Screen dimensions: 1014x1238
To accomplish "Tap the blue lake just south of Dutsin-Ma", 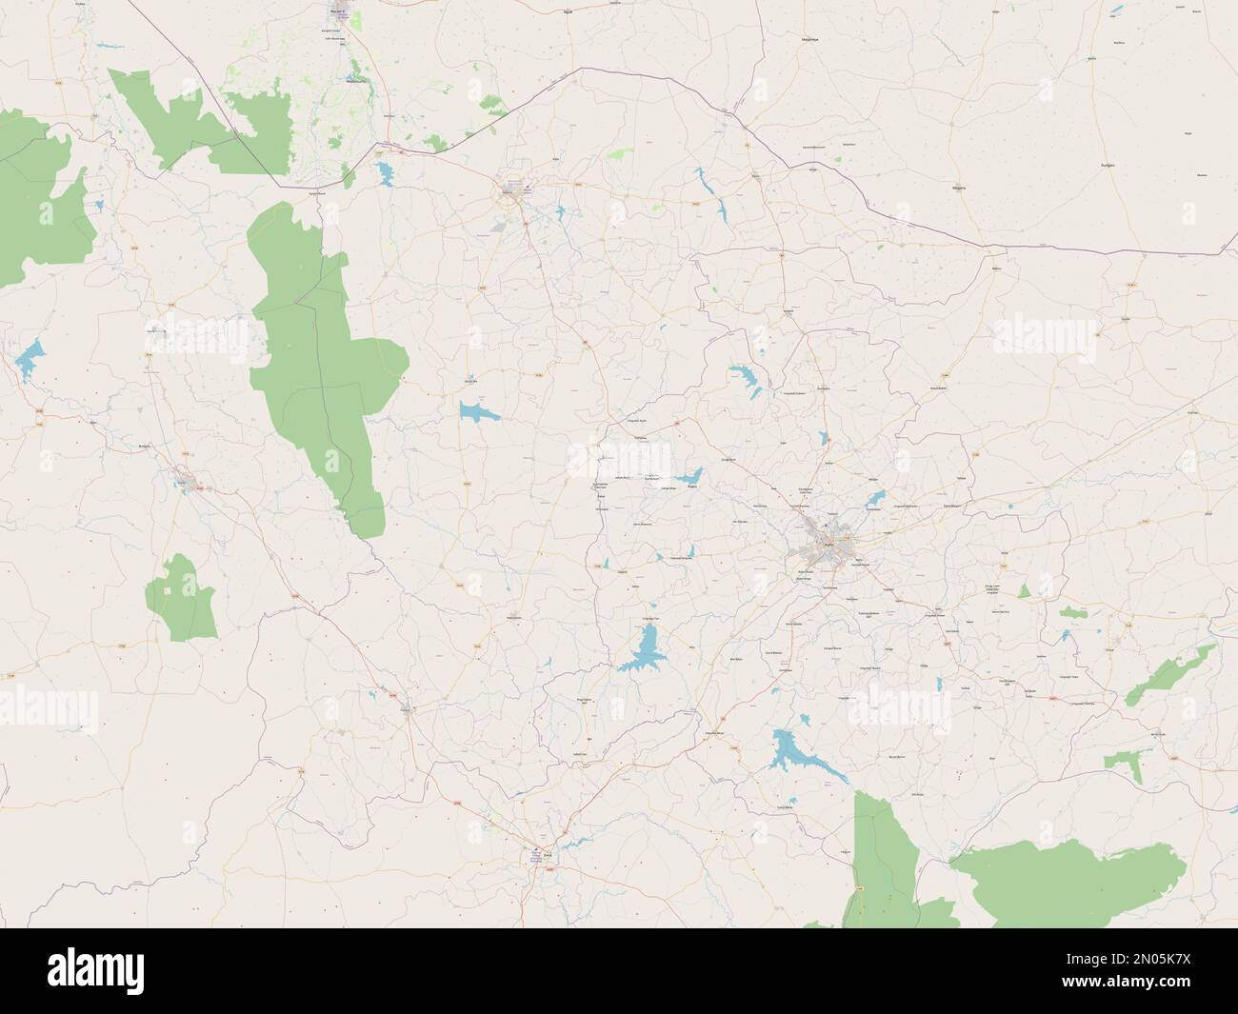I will pos(473,411).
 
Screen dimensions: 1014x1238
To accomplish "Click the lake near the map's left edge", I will pos(29,358).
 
